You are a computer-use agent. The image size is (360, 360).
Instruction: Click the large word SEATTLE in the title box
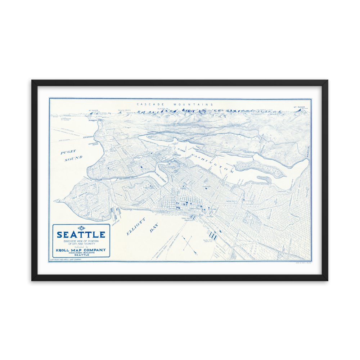tap(81, 235)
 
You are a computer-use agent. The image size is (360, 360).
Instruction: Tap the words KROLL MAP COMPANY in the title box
tap(81, 250)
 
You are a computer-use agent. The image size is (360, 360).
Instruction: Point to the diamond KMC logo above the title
tap(81, 228)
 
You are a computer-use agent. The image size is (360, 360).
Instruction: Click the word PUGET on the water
tap(68, 152)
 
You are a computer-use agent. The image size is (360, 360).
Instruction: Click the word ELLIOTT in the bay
tap(136, 226)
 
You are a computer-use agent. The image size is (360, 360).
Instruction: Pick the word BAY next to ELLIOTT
tap(154, 228)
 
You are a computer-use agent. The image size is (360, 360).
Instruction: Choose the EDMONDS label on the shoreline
tap(88, 137)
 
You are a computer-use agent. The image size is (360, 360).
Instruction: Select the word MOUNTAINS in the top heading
tap(193, 104)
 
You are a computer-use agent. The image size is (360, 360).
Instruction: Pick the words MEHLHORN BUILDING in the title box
tap(81, 253)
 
